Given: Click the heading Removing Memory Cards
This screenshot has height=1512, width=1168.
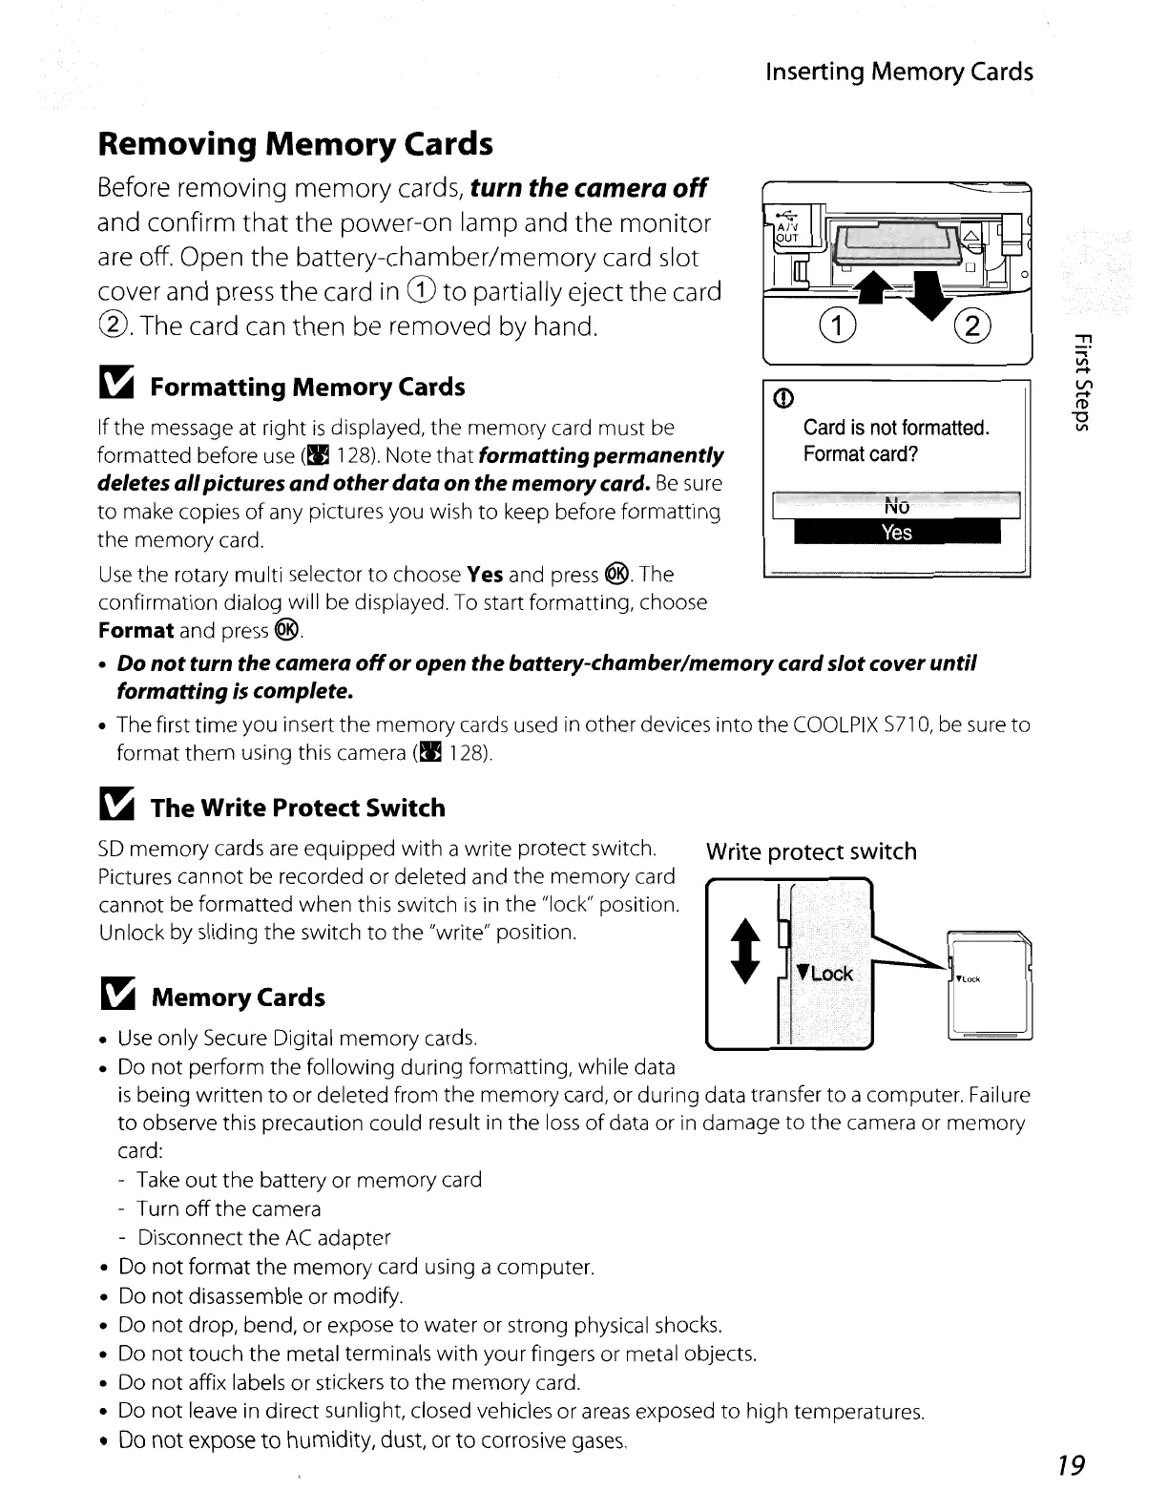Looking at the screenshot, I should [x=296, y=144].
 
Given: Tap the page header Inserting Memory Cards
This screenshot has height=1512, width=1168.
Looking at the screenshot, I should [x=900, y=72].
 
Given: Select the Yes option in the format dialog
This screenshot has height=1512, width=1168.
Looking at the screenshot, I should [x=897, y=533].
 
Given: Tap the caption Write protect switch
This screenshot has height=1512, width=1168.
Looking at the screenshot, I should [x=810, y=851].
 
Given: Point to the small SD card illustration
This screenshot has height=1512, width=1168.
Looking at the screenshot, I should [x=991, y=983].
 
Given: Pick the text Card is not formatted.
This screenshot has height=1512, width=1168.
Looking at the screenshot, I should [x=896, y=428].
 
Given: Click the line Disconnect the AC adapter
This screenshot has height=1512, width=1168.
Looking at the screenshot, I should [x=264, y=1238].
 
